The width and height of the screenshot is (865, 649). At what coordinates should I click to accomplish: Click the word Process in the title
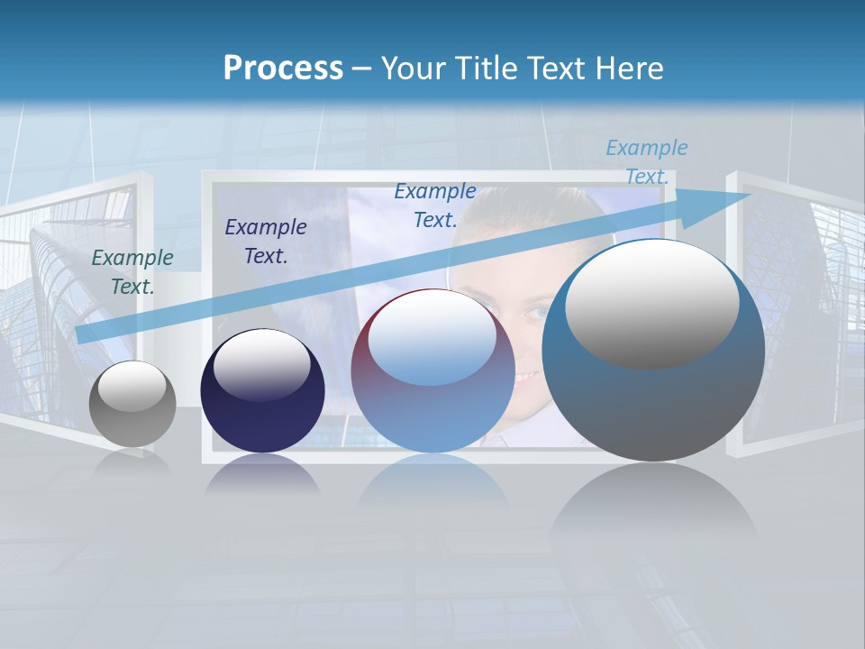pos(283,69)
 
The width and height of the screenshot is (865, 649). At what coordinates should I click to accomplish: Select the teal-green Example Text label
pos(132,272)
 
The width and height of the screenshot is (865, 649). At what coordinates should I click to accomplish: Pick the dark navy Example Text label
pos(266,242)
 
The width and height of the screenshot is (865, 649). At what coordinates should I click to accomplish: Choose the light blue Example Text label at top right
pos(647,162)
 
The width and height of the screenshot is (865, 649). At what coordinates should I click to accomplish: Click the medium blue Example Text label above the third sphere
pos(435,205)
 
